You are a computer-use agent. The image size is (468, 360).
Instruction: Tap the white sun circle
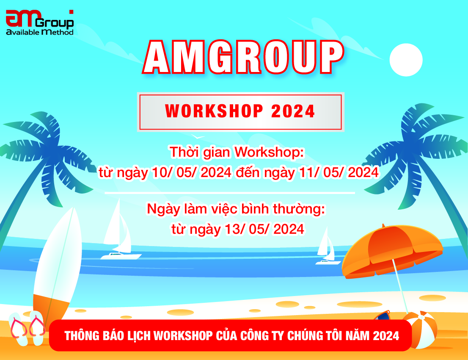[x=406, y=60]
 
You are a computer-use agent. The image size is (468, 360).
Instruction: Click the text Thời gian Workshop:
[x=237, y=152]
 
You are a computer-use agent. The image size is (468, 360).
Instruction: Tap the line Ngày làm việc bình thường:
[x=237, y=209]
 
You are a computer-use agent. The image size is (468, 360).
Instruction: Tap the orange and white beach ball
[x=419, y=330]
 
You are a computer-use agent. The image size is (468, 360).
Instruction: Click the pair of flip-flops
[x=28, y=328]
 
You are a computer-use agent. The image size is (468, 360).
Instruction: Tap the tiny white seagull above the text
[x=197, y=137]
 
